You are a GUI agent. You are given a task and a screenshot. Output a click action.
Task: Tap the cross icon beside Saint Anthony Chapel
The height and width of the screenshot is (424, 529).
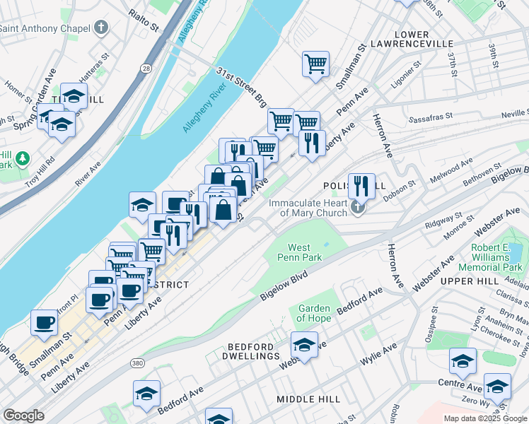tap(102, 28)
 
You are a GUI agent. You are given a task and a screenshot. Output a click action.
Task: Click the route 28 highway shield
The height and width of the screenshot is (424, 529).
tap(145, 68)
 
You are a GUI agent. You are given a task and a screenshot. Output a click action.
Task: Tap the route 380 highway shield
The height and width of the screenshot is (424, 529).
tap(138, 363)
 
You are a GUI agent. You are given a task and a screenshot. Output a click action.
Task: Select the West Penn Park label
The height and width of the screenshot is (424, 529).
tap(305, 252)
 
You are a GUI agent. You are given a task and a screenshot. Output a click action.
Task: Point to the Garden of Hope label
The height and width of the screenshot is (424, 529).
tap(314, 313)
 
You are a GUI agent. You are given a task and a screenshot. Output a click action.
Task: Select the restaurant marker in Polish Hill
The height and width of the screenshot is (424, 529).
tap(361, 186)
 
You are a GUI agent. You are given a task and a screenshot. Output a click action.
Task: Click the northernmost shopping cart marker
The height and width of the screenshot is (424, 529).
tap(315, 64)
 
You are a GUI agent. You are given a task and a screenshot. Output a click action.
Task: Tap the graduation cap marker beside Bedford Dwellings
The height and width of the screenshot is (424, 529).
tap(304, 345)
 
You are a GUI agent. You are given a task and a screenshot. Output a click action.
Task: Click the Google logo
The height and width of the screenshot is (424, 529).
tap(23, 416)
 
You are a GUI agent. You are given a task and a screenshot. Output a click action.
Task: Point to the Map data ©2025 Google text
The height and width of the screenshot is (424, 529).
tap(484, 418)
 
